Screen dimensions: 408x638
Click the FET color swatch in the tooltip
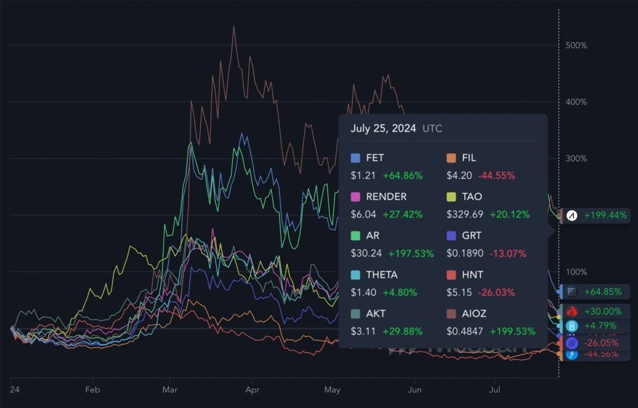[x=356, y=158]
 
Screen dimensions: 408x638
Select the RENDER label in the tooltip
[x=386, y=197]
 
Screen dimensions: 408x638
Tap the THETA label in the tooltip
[x=382, y=275]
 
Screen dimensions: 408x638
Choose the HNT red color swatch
[x=452, y=275]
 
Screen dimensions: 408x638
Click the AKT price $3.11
[x=363, y=331]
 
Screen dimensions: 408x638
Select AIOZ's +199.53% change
[x=512, y=331]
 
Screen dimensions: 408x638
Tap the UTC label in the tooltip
[x=433, y=128]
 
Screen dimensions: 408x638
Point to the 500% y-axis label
[x=576, y=45]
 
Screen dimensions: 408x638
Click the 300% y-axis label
[x=576, y=158]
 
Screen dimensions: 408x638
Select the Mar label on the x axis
[x=169, y=390]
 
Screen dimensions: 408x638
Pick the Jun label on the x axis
[x=414, y=390]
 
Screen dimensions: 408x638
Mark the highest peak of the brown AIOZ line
[x=234, y=27]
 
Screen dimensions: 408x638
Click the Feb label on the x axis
[x=92, y=390]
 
